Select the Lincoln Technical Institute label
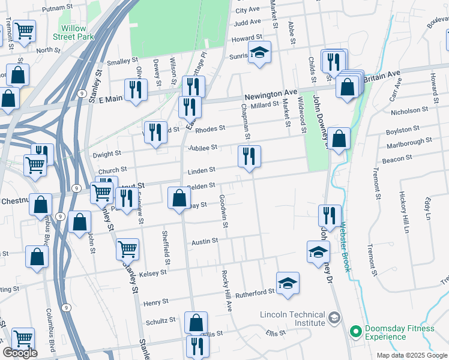click(x=293, y=319)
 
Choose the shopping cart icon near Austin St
click(x=127, y=249)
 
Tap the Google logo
click(x=20, y=353)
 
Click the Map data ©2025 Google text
click(x=411, y=355)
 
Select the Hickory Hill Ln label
click(x=406, y=212)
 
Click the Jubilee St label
click(x=202, y=148)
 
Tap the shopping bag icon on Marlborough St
click(x=339, y=139)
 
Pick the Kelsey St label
click(x=152, y=273)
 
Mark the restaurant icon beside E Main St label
click(x=136, y=91)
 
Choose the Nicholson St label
click(x=409, y=110)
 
